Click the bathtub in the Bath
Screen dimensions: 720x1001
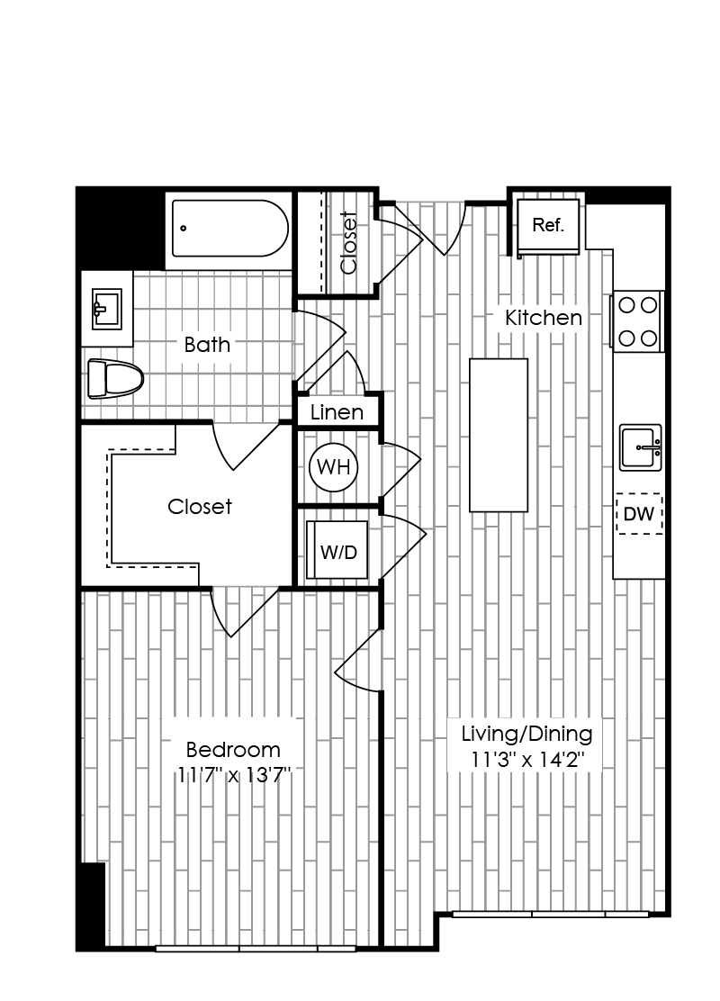coord(229,229)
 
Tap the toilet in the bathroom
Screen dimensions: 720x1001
coord(115,379)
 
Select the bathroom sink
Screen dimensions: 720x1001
coord(106,309)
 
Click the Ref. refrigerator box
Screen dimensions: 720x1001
coord(548,226)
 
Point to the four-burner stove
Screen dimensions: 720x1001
coord(638,321)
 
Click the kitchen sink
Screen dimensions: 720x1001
coord(640,447)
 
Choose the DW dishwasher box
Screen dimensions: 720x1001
coord(639,514)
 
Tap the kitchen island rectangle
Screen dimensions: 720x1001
coord(499,436)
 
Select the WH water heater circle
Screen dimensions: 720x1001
coord(333,467)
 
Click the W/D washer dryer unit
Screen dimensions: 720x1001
coord(337,550)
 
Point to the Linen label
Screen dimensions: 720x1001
coord(337,412)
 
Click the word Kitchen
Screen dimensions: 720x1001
coord(544,317)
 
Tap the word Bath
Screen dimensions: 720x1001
coord(207,345)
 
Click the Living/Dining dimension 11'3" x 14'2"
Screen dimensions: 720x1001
coord(527,761)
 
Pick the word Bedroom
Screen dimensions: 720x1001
coord(233,749)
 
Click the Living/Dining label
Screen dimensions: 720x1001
coord(526,735)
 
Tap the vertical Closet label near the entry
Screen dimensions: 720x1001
coord(348,242)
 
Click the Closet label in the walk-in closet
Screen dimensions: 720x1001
coord(199,507)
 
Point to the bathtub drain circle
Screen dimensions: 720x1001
coord(184,228)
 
